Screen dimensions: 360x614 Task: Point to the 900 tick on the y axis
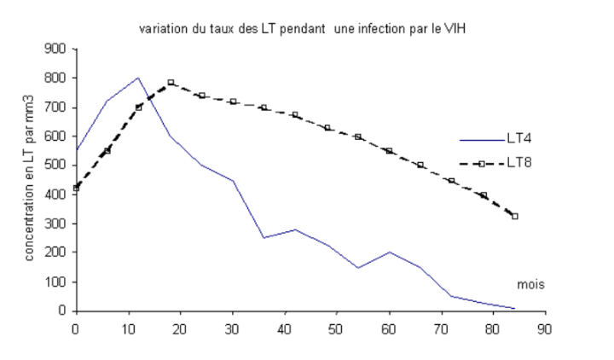(57, 49)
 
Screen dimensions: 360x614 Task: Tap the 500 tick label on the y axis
(57, 165)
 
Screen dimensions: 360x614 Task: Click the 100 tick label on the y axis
(57, 282)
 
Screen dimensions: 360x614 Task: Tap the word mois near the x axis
(530, 284)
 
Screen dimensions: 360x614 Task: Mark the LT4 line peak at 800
(138, 78)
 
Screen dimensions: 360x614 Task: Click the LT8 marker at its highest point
(171, 83)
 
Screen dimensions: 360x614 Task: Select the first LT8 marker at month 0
(76, 188)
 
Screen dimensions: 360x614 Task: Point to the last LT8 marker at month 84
(515, 216)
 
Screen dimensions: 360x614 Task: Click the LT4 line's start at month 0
(76, 151)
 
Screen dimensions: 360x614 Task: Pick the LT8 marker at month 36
(264, 107)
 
